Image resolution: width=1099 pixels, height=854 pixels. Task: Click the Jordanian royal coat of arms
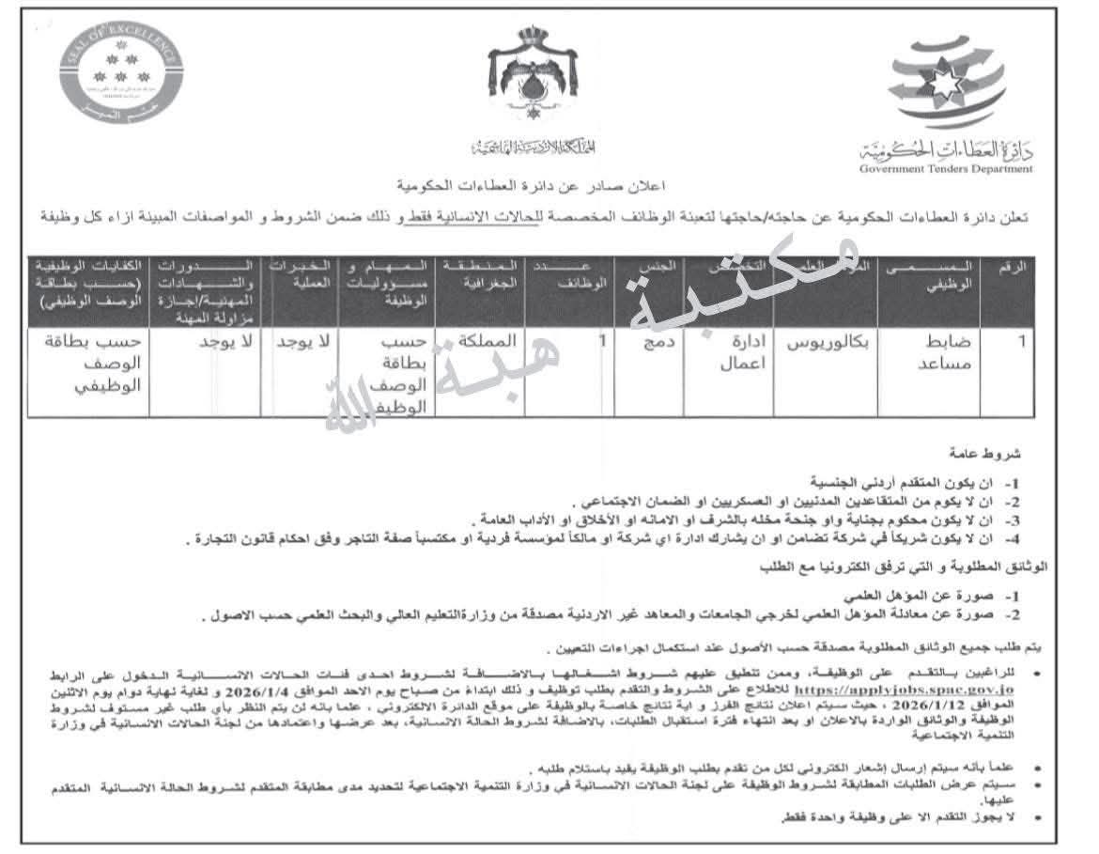(527, 89)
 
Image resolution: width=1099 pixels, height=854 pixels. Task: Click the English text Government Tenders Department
(945, 169)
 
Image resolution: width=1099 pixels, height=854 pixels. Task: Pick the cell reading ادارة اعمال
(729, 351)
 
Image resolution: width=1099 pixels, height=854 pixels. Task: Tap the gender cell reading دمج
(647, 343)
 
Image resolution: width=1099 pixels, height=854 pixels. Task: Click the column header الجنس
(648, 268)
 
